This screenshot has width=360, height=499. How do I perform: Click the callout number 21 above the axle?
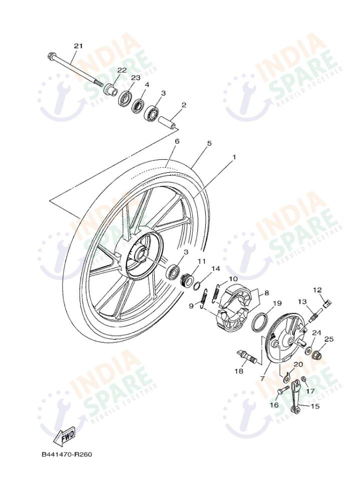click(x=78, y=46)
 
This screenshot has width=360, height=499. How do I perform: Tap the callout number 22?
click(x=122, y=70)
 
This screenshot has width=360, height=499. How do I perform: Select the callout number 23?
click(x=135, y=78)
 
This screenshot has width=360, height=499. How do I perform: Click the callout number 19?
click(x=277, y=303)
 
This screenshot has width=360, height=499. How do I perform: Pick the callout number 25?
click(x=328, y=339)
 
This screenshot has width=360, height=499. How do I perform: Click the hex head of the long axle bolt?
click(x=52, y=55)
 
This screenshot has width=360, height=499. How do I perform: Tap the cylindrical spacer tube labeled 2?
click(x=168, y=122)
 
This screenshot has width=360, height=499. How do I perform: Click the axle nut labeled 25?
click(x=317, y=355)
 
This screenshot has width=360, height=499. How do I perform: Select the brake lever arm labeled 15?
click(x=296, y=398)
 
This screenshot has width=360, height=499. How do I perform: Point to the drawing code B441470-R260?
click(x=67, y=455)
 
